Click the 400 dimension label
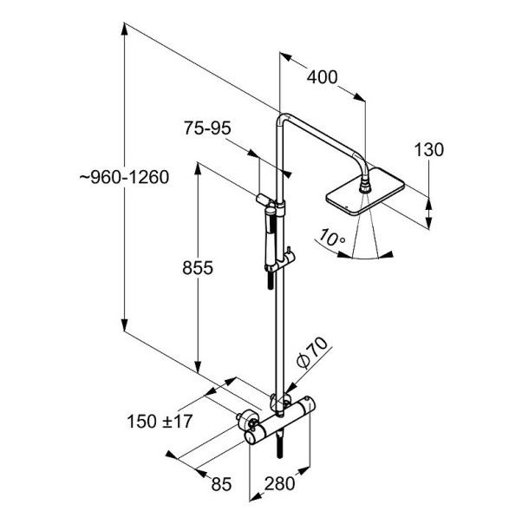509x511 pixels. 322,77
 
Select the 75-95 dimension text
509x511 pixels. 207,128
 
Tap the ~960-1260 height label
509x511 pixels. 124,177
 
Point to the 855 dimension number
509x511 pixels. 198,268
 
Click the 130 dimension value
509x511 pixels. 428,150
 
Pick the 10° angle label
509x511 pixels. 331,238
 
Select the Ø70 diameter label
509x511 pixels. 311,353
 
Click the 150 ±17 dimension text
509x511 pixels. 160,422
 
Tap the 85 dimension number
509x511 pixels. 221,484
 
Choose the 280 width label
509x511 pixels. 279,483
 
